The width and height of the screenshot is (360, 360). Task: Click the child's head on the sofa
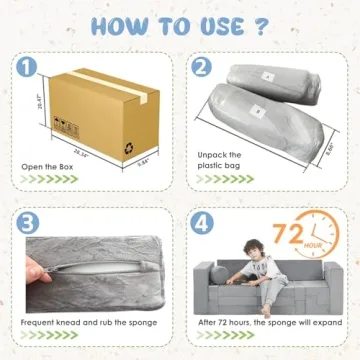click(x=262, y=246)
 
